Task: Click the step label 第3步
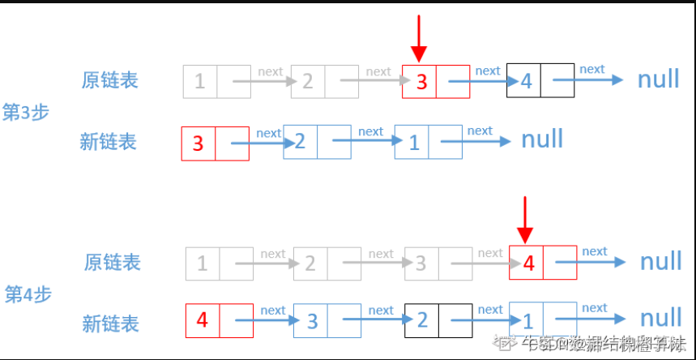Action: [27, 112]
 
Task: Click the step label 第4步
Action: [28, 294]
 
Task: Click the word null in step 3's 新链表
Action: [542, 139]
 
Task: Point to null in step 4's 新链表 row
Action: [661, 318]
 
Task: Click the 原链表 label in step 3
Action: [109, 80]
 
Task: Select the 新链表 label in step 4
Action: [110, 324]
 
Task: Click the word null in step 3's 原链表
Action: [659, 79]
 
